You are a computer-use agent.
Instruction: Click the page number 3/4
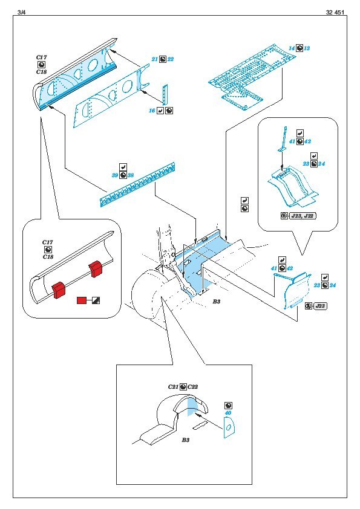[x=21, y=12]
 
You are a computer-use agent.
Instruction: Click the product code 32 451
[x=335, y=12]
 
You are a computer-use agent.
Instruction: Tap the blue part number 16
[x=152, y=111]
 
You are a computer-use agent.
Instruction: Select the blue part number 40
[x=228, y=413]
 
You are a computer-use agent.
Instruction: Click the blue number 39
[x=115, y=175]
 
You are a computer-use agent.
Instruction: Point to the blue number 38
[x=131, y=175]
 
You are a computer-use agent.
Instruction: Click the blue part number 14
[x=292, y=48]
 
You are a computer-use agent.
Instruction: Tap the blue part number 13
[x=307, y=48]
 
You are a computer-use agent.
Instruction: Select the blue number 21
[x=155, y=59]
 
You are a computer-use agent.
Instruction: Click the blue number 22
[x=170, y=59]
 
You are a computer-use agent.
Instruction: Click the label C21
[x=173, y=387]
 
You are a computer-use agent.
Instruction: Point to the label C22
[x=192, y=387]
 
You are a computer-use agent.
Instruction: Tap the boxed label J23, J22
[x=303, y=216]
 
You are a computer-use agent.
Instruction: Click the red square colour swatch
[x=82, y=300]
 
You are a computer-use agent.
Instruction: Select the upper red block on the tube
[x=96, y=268]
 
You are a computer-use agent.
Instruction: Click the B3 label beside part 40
[x=185, y=440]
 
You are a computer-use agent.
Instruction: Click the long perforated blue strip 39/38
[x=138, y=186]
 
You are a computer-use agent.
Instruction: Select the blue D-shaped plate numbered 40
[x=229, y=427]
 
